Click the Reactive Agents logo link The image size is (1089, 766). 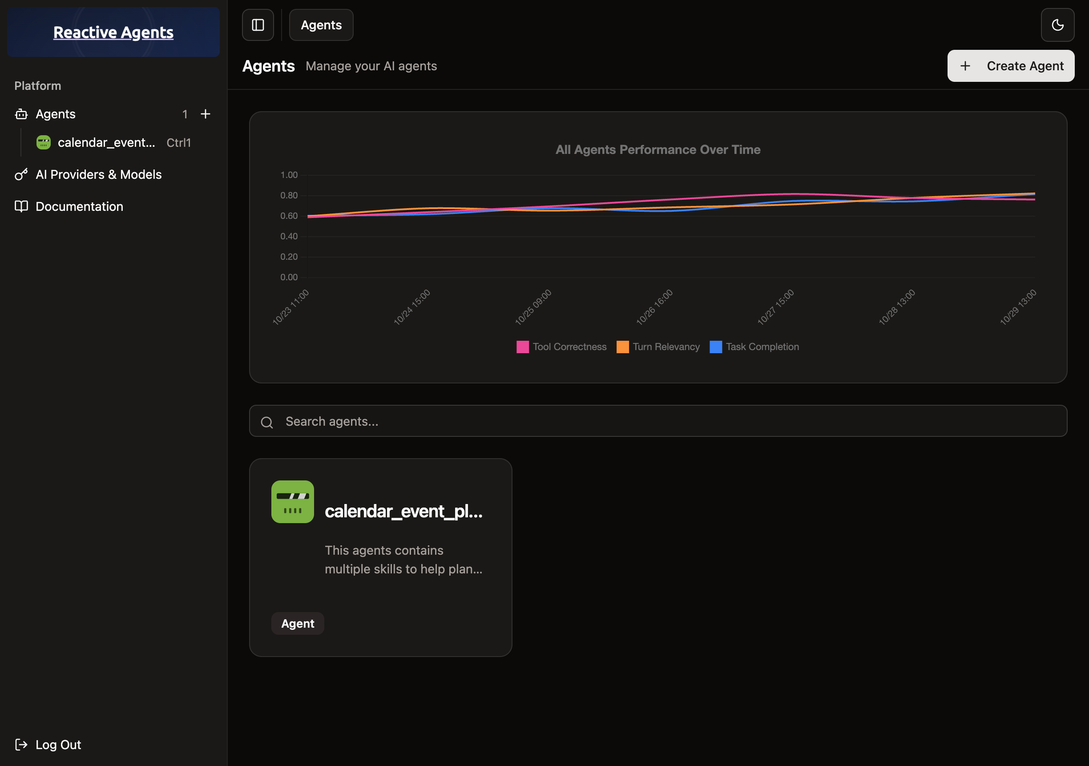(x=113, y=32)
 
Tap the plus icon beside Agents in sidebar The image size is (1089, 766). (x=206, y=114)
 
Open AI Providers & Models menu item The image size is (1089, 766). (x=98, y=174)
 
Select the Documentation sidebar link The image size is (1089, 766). (x=79, y=206)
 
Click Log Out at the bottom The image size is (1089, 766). (x=58, y=744)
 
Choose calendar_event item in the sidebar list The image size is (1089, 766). (x=106, y=142)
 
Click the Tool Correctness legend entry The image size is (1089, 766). (x=561, y=347)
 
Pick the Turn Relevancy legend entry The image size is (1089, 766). (x=658, y=347)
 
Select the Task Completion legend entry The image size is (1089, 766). (x=754, y=347)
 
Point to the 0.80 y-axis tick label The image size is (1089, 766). (x=289, y=195)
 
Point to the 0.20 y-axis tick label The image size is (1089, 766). (x=289, y=257)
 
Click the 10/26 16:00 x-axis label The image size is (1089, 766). (x=654, y=307)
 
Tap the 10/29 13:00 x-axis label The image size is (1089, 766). (x=1018, y=307)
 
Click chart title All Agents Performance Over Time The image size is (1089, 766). (x=658, y=149)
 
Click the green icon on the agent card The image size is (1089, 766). (x=293, y=501)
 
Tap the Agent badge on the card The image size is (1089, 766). (x=298, y=623)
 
